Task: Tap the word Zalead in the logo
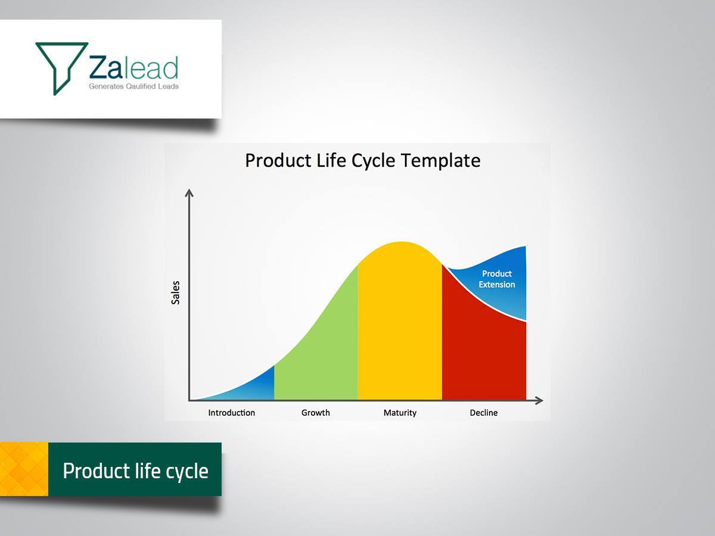[x=133, y=67]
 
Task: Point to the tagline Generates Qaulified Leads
[x=133, y=86]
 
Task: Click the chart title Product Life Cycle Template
[x=362, y=160]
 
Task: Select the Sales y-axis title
[x=175, y=292]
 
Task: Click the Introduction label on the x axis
[x=231, y=413]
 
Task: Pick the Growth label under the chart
[x=315, y=413]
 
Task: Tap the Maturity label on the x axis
[x=400, y=413]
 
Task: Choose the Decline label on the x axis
[x=483, y=413]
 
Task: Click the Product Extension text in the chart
[x=497, y=279]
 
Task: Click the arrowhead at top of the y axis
[x=189, y=192]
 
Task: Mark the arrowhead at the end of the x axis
[x=539, y=401]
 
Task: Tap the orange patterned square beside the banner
[x=24, y=469]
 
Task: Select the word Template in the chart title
[x=440, y=160]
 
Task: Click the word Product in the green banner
[x=97, y=470]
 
